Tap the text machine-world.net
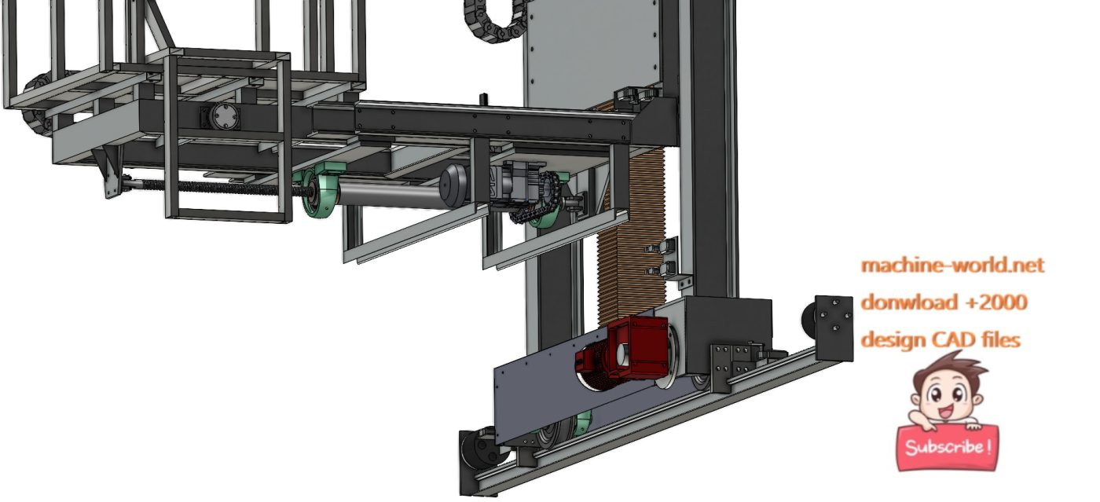tap(952, 266)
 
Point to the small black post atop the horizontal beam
tap(484, 101)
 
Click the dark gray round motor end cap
tap(453, 186)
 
